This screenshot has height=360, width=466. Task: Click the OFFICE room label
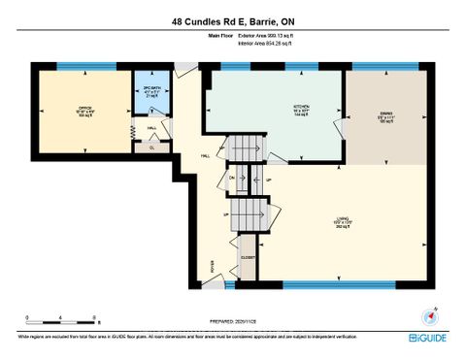coord(84,110)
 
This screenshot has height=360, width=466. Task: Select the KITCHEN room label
coord(275,108)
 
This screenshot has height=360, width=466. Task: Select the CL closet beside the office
coord(150,147)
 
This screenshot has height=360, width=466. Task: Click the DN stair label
coord(232,177)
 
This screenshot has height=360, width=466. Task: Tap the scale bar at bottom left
coord(60,319)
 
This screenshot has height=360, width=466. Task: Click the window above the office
coord(72,66)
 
